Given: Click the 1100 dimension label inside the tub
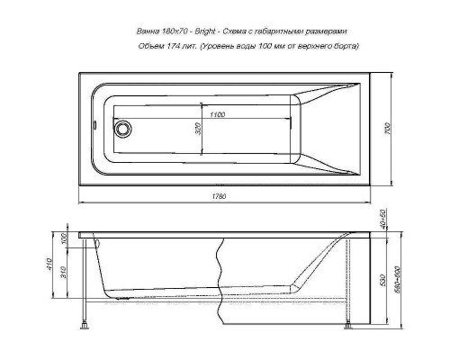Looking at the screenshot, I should tap(212, 116).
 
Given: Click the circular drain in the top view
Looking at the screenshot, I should tap(122, 127).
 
